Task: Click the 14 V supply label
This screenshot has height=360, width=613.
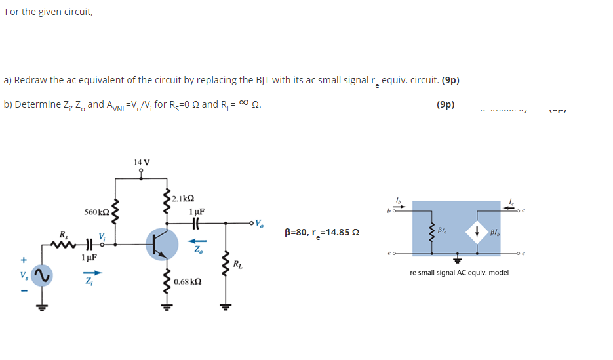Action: click(141, 161)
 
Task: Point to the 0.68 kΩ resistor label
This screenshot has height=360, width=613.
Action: click(188, 281)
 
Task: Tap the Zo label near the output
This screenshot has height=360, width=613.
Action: click(196, 250)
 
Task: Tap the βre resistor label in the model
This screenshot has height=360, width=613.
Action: click(447, 230)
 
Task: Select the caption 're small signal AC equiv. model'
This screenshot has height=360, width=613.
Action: click(459, 272)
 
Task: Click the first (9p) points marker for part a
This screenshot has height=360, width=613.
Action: click(450, 81)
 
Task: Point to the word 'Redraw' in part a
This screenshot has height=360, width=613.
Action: click(31, 81)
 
